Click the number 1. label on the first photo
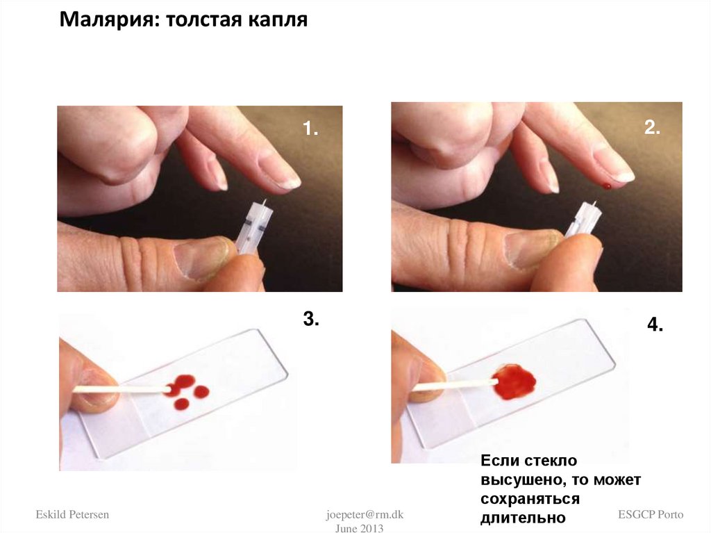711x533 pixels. click(x=310, y=129)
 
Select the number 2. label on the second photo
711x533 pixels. click(x=652, y=128)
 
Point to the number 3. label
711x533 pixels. click(x=311, y=319)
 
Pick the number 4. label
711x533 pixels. click(x=655, y=325)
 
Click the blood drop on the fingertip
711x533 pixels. click(x=607, y=186)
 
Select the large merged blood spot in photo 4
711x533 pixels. click(x=515, y=381)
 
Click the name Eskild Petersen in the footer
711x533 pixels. click(x=72, y=514)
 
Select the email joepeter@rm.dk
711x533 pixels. click(x=365, y=514)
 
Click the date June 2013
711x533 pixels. click(x=359, y=528)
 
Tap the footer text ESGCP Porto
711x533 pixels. click(x=651, y=514)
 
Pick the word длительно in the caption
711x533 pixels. click(x=523, y=518)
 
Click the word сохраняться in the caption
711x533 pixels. click(x=530, y=498)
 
